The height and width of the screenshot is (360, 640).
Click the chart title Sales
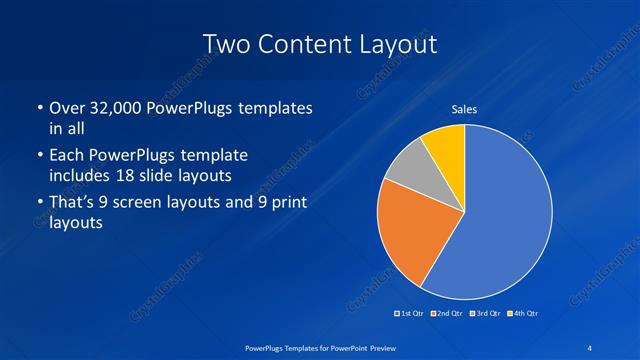click(464, 108)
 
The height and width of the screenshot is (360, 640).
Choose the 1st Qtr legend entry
click(411, 314)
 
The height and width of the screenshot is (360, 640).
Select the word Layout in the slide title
click(398, 43)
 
